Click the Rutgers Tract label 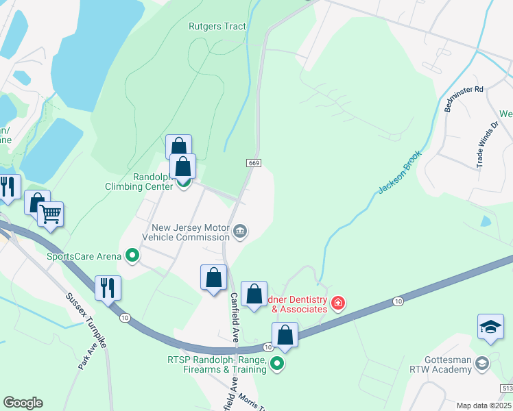coord(217,27)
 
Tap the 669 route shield coord(253,162)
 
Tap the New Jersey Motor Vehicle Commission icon coord(240,232)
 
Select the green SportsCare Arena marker coord(133,257)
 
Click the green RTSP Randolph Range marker coord(277,364)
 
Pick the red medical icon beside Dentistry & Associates coord(337,303)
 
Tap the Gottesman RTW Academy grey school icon coord(481,364)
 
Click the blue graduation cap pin coord(491,327)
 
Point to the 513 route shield coord(506,387)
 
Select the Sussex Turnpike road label coord(87,321)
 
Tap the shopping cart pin coord(51,214)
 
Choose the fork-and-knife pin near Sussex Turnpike coord(108,288)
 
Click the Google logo coord(23,403)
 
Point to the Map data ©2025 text coord(484,406)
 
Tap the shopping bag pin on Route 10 coord(285,336)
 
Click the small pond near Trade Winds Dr coord(486,221)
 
